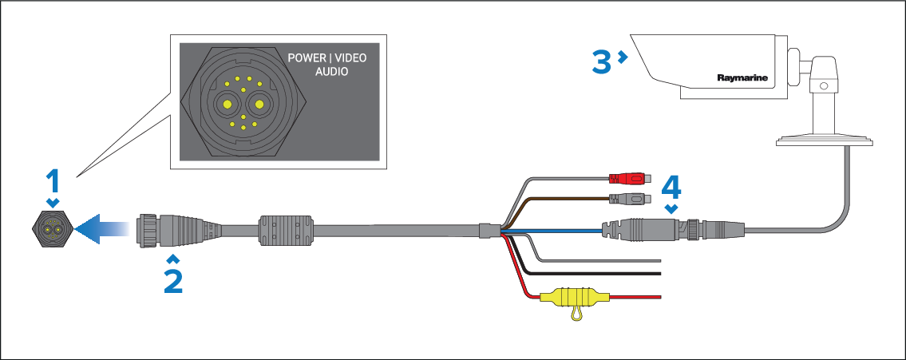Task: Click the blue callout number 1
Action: [x=53, y=181]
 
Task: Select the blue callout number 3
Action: [x=602, y=61]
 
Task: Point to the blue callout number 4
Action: [x=671, y=187]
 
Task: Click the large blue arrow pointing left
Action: [x=101, y=228]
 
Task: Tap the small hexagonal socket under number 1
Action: [x=53, y=227]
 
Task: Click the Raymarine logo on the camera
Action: [x=742, y=77]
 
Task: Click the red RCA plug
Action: [x=631, y=178]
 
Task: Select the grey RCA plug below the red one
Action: [x=631, y=200]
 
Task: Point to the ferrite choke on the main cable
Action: [x=287, y=230]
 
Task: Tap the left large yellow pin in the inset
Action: [x=227, y=105]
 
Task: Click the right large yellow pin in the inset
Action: [x=259, y=105]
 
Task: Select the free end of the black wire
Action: [x=659, y=273]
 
